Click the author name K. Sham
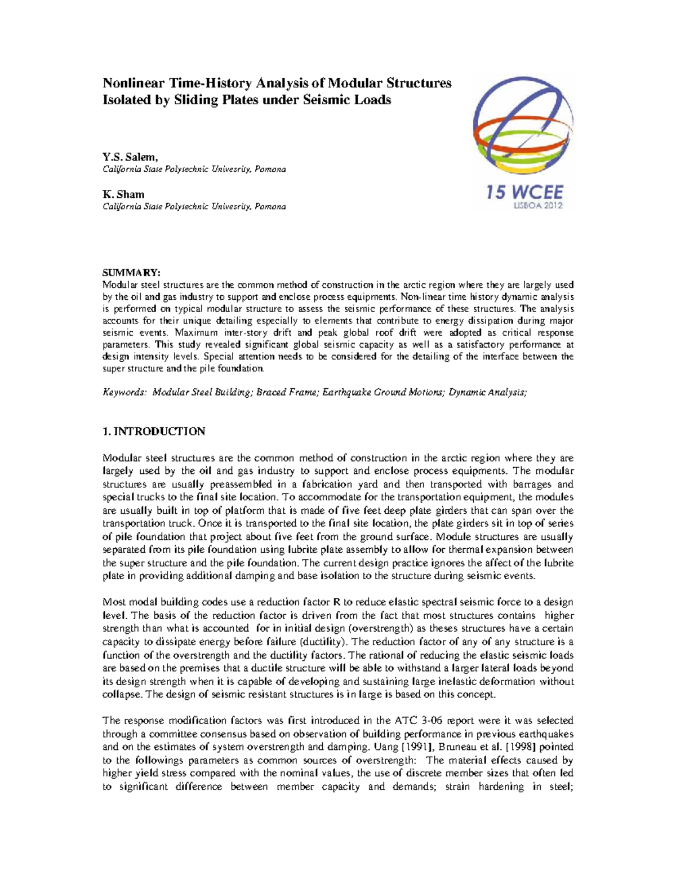click(123, 194)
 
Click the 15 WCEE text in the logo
click(524, 193)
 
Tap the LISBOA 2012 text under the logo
click(538, 206)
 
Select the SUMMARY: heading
click(131, 273)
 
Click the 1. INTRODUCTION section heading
click(154, 432)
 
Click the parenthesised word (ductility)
click(323, 642)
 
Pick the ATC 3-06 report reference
click(415, 720)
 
